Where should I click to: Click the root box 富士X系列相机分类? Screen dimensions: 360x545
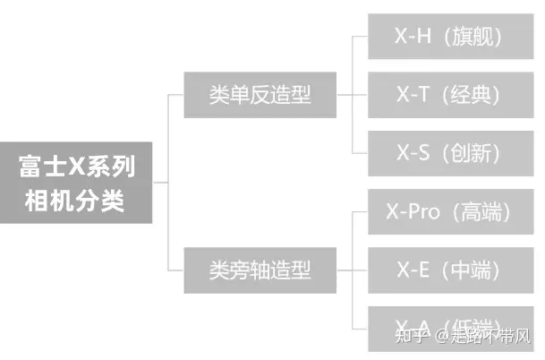pyautogui.click(x=77, y=182)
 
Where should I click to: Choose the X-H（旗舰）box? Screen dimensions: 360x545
pyautogui.click(x=448, y=37)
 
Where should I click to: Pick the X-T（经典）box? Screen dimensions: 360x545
pyautogui.click(x=448, y=94)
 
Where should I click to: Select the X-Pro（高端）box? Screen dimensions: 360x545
pyautogui.click(x=448, y=212)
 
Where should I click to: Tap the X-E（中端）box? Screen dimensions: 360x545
pyautogui.click(x=448, y=270)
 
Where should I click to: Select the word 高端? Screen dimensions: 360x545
pyautogui.click(x=483, y=212)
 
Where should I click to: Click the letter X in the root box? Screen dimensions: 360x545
pyautogui.click(x=74, y=166)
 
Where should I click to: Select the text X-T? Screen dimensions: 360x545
pyautogui.click(x=412, y=94)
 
